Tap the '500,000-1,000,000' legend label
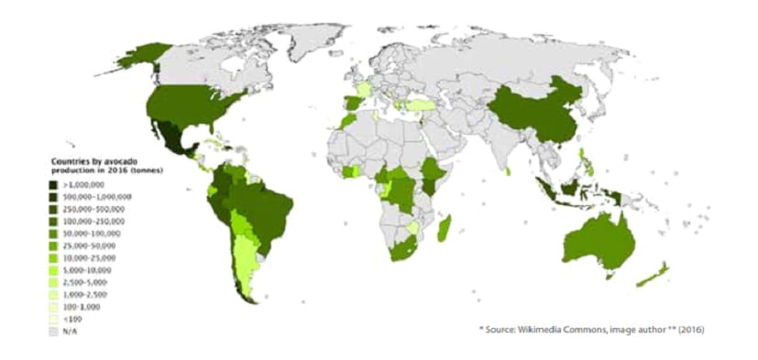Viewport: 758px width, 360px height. click(x=96, y=197)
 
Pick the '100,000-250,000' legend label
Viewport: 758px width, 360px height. click(x=92, y=222)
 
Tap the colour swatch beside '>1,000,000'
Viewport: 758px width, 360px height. click(x=54, y=185)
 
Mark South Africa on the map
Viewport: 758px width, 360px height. click(x=401, y=247)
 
